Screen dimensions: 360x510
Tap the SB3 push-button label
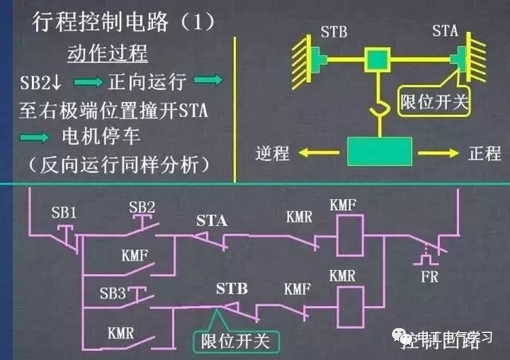111,294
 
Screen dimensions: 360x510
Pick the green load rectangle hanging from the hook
379,151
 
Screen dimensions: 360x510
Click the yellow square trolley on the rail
376,58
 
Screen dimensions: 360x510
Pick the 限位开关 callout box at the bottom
234,340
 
